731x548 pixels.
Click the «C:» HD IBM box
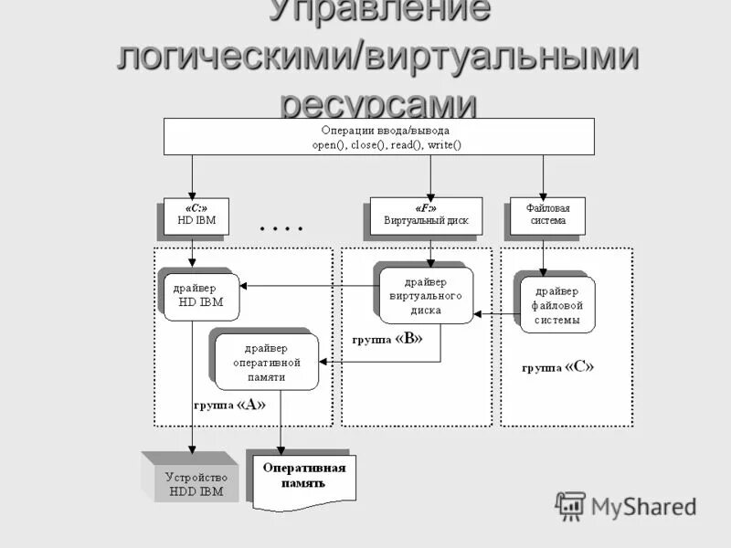pyautogui.click(x=196, y=216)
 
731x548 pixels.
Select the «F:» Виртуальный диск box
pyautogui.click(x=426, y=216)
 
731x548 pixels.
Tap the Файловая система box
pyautogui.click(x=546, y=216)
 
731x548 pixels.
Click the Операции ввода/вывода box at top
pyautogui.click(x=377, y=136)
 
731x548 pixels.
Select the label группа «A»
pyautogui.click(x=229, y=405)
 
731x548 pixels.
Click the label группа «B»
pyautogui.click(x=387, y=338)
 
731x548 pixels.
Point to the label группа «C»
pyautogui.click(x=557, y=367)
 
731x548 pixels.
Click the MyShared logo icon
pyautogui.click(x=571, y=506)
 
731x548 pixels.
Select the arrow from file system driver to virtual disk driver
pyautogui.click(x=495, y=315)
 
